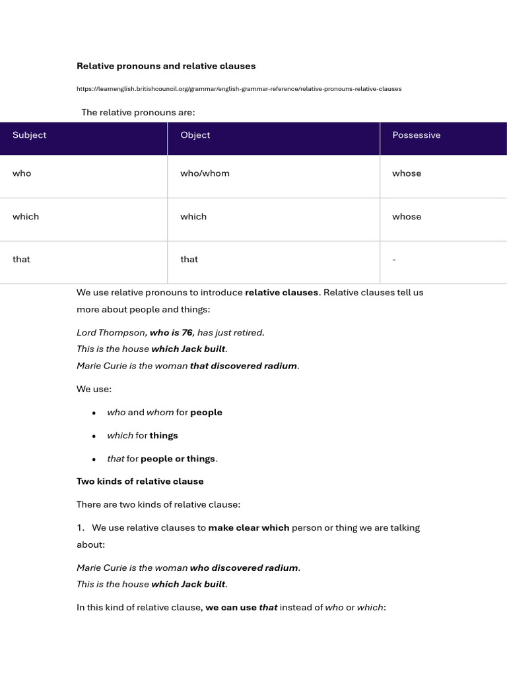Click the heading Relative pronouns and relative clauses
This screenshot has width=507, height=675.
point(166,66)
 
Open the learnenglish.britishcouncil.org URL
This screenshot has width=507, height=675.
point(238,88)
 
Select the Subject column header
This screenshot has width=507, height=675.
point(30,135)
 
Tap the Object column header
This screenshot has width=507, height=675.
point(195,135)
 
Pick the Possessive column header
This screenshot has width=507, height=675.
point(416,135)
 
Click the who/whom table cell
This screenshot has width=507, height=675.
point(205,173)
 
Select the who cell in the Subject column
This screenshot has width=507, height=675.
point(22,173)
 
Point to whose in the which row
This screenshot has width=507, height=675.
point(407,216)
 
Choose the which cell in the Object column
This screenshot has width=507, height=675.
point(193,216)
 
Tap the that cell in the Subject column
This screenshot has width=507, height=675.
point(21,259)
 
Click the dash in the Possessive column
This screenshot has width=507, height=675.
point(394,260)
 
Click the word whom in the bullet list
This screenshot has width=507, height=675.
point(160,412)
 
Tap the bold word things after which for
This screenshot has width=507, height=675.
point(164,435)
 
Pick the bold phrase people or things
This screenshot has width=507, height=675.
point(178,458)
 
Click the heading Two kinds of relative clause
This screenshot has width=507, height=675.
point(140,481)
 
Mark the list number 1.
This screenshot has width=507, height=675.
point(80,527)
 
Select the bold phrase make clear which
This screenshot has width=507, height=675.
point(249,527)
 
